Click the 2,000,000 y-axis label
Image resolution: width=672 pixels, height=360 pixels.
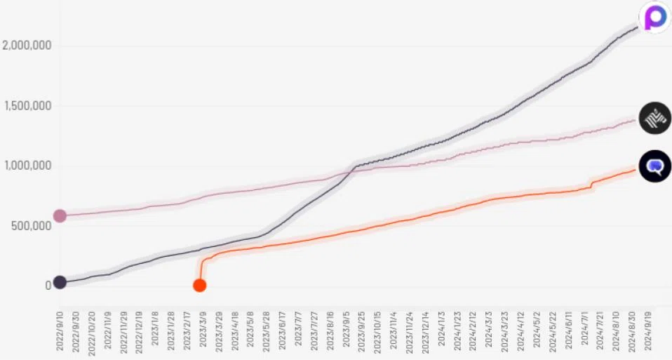click(27, 45)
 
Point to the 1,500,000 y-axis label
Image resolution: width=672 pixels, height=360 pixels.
click(28, 105)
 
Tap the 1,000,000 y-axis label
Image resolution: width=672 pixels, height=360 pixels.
click(28, 166)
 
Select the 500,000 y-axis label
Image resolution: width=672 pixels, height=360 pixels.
click(32, 225)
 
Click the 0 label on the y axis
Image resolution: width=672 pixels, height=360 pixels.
click(48, 286)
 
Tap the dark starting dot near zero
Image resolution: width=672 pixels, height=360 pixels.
click(60, 282)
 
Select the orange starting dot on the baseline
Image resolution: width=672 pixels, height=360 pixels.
click(200, 285)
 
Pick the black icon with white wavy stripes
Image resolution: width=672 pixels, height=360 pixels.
click(655, 118)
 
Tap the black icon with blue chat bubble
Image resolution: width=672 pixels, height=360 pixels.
click(655, 166)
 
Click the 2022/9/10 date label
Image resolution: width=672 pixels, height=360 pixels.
click(60, 331)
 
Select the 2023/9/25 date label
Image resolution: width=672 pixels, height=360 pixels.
click(361, 331)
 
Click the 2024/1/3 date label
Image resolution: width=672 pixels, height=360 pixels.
click(441, 330)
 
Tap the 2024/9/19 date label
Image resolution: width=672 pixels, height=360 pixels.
click(647, 331)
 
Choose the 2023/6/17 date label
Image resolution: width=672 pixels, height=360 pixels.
click(282, 331)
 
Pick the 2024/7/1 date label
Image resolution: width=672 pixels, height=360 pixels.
click(584, 330)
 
